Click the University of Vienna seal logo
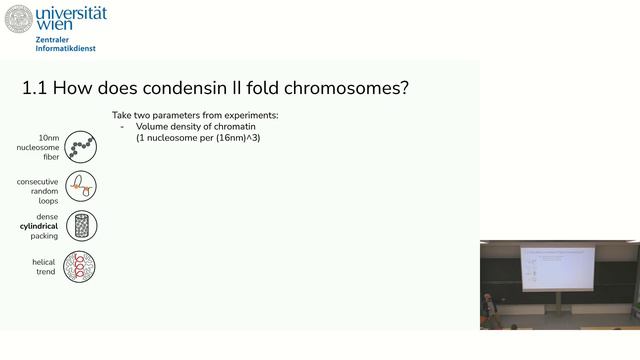pyautogui.click(x=19, y=19)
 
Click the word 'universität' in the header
pyautogui.click(x=71, y=13)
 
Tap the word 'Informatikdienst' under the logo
pyautogui.click(x=66, y=48)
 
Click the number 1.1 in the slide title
pyautogui.click(x=35, y=88)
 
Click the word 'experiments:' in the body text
pyautogui.click(x=251, y=116)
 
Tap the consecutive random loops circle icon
pyautogui.click(x=80, y=186)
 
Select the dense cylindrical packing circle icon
pyautogui.click(x=80, y=226)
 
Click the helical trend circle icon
pyautogui.click(x=80, y=266)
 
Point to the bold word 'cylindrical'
pyautogui.click(x=39, y=226)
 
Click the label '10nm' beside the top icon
pyautogui.click(x=48, y=137)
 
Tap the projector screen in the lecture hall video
pyautogui.click(x=558, y=267)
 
